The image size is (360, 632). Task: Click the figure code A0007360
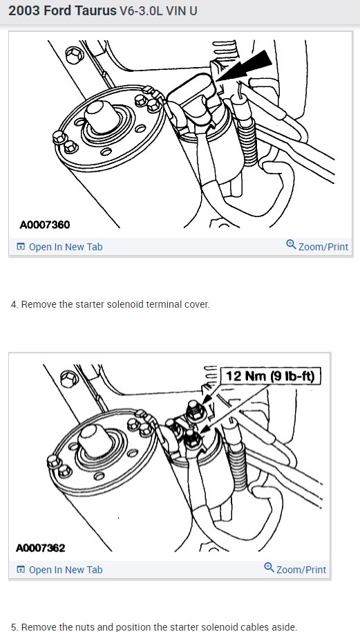(45, 224)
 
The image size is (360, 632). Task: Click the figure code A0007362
(40, 548)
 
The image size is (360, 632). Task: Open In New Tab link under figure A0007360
(59, 247)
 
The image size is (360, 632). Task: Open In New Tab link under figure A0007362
(59, 570)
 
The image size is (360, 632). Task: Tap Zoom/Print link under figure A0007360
(317, 246)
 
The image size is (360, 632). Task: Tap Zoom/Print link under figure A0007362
(295, 568)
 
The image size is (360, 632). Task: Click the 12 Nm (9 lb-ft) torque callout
(270, 376)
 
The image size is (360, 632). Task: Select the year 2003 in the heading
(24, 11)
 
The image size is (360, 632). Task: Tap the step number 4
(15, 304)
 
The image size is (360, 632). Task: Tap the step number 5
(15, 627)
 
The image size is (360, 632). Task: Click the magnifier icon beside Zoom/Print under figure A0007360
(291, 244)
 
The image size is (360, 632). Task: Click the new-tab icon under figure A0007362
(21, 570)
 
